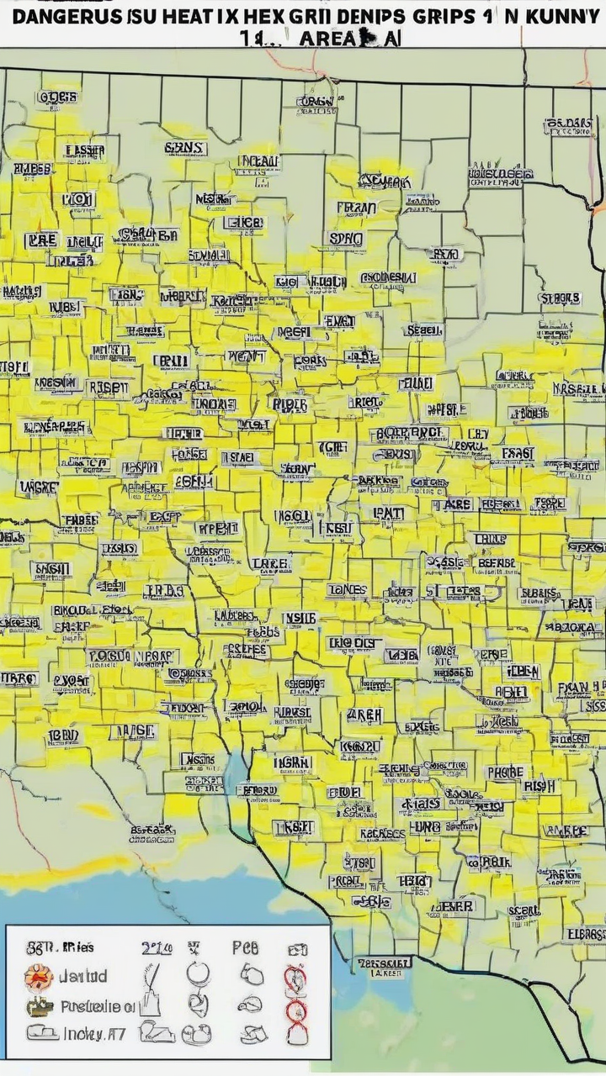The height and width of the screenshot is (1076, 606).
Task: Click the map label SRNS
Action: tap(184, 148)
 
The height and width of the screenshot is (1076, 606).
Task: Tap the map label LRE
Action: tap(40, 240)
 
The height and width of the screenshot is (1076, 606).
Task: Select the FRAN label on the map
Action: tap(356, 207)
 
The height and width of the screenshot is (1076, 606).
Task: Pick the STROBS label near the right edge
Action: tap(559, 298)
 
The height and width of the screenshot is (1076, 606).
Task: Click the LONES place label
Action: tap(347, 590)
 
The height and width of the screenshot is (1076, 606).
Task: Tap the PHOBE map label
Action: tap(505, 772)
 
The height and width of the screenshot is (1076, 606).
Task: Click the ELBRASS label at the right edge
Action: tap(585, 934)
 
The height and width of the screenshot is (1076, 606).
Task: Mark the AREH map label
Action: tap(364, 715)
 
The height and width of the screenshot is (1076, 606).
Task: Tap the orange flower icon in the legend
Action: tap(39, 978)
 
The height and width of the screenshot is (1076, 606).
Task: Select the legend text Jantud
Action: tap(82, 977)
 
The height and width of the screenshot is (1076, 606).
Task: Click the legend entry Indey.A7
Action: tap(93, 1034)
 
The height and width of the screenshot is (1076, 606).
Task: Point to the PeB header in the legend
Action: tap(245, 948)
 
